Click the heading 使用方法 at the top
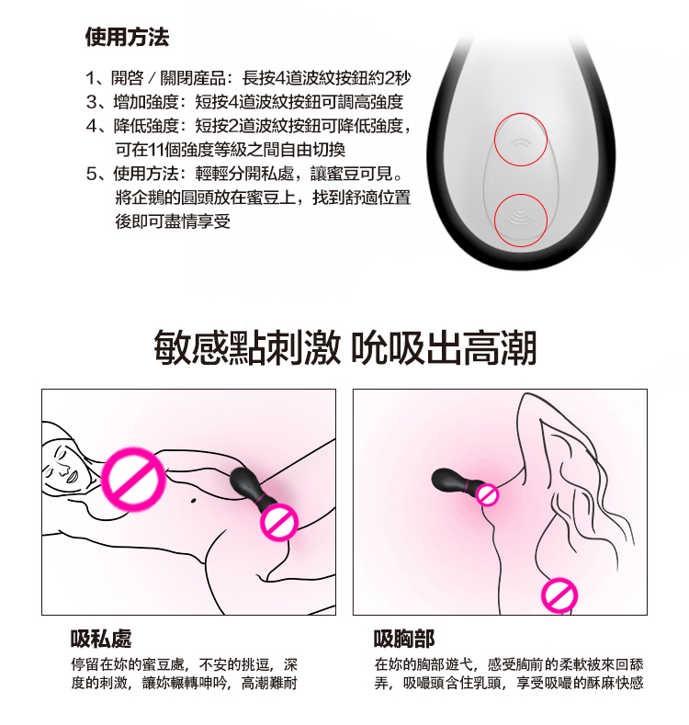(127, 37)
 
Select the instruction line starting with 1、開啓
(248, 78)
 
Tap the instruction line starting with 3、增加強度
(244, 102)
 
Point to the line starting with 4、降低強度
(248, 126)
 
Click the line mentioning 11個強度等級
(231, 150)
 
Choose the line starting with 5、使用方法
(244, 174)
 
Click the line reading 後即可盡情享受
(173, 221)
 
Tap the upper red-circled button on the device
(521, 140)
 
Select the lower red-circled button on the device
(521, 221)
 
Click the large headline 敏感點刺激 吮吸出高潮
(345, 347)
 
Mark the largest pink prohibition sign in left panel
(133, 480)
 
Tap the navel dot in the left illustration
(193, 500)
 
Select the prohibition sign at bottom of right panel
(559, 595)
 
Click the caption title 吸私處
(101, 639)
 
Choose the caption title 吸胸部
(404, 639)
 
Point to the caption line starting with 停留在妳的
(184, 665)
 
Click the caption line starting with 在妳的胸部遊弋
(509, 665)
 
